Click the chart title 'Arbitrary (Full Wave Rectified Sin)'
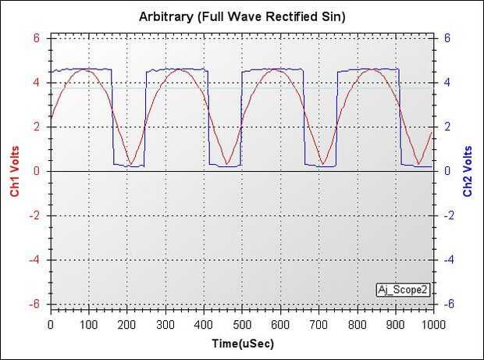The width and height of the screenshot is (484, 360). click(x=242, y=16)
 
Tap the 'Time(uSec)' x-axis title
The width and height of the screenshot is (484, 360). click(x=242, y=344)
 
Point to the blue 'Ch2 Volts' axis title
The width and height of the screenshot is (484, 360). click(x=468, y=171)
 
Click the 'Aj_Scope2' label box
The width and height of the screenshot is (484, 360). click(x=402, y=289)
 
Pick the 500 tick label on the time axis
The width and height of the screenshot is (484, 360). click(x=242, y=325)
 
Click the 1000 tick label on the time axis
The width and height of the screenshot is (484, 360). click(x=432, y=325)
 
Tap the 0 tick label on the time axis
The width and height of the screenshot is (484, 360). click(x=51, y=325)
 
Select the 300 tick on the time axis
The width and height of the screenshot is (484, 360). click(x=165, y=325)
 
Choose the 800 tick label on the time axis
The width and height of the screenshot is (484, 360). click(x=357, y=325)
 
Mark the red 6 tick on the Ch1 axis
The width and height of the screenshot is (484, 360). click(x=36, y=37)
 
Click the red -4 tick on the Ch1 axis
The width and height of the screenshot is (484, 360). click(x=34, y=260)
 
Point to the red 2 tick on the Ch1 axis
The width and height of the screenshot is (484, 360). click(x=36, y=127)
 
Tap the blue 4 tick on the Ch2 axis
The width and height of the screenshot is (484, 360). click(x=447, y=82)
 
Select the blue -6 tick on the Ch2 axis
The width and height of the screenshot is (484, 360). click(x=449, y=305)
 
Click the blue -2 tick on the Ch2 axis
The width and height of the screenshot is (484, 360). click(x=449, y=216)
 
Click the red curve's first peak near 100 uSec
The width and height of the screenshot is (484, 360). click(x=85, y=70)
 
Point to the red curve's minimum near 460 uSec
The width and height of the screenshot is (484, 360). click(x=226, y=165)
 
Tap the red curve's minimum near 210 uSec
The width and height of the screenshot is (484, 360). click(x=131, y=165)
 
